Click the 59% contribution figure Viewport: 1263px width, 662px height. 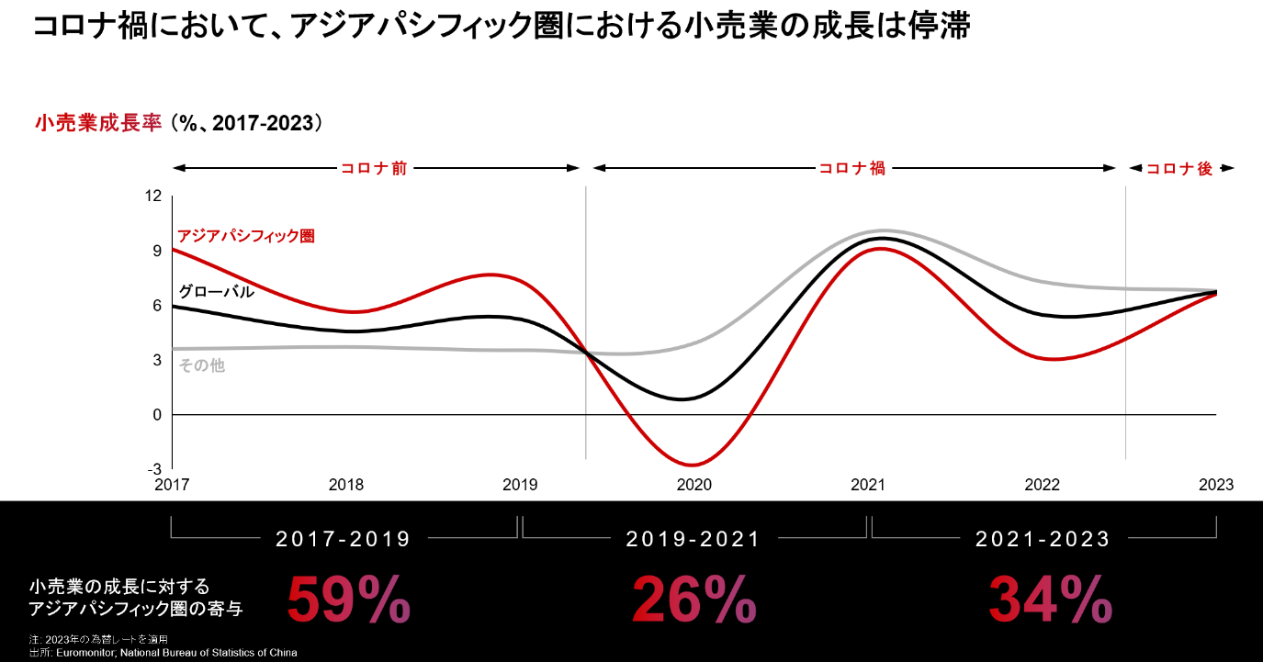coord(349,600)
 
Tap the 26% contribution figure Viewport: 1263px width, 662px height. coord(694,600)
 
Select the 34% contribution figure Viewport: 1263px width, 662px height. coord(1050,600)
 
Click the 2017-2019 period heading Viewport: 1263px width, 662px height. coord(344,539)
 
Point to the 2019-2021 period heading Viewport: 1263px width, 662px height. coord(694,539)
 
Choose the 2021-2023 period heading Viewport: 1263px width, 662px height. coord(1043,539)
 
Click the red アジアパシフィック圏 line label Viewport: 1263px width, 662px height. coord(245,236)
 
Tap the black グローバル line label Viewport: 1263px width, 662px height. coord(216,292)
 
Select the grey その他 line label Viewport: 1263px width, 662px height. coord(201,365)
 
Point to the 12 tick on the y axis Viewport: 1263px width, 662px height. coord(153,196)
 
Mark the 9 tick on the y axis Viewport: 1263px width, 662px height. coord(157,251)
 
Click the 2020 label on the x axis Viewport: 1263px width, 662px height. coord(694,485)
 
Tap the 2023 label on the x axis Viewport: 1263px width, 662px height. coord(1215,485)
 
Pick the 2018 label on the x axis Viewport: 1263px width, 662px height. coord(345,485)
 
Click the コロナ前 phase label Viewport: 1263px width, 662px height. coord(374,169)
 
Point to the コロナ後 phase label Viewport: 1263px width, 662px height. coord(1179,169)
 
